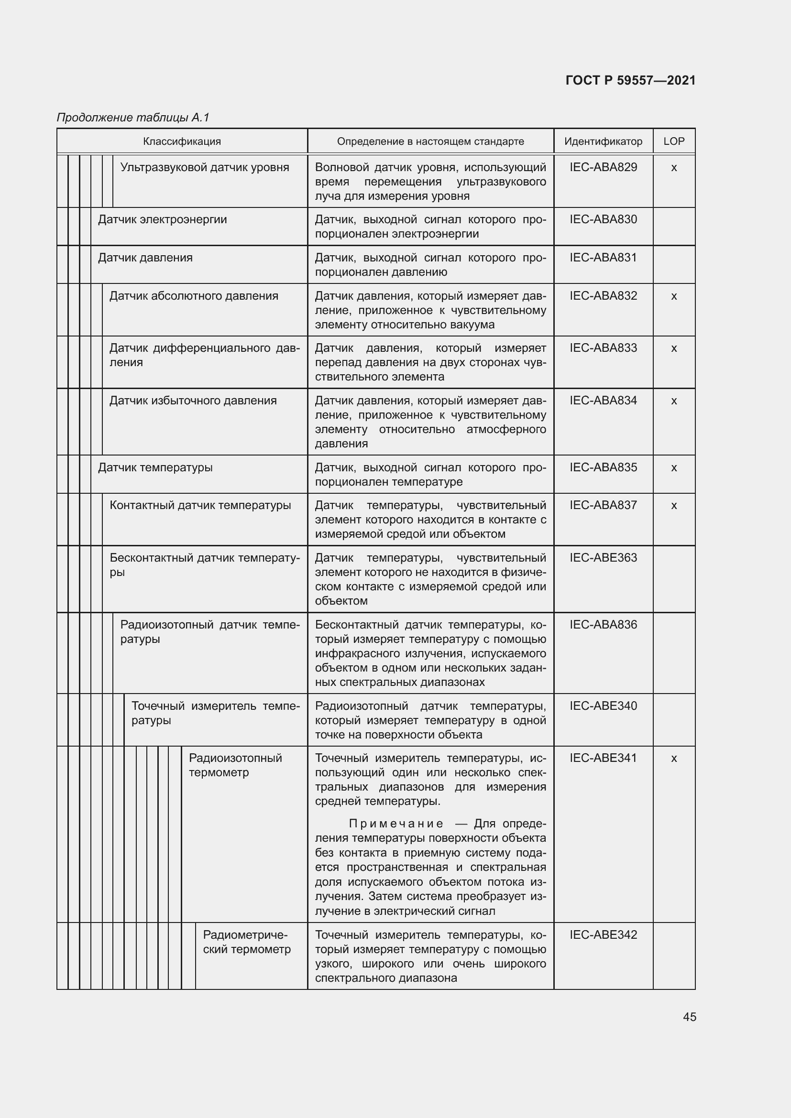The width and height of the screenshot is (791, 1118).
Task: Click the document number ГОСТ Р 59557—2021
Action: pos(630,80)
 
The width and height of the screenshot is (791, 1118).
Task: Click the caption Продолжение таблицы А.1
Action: pos(133,118)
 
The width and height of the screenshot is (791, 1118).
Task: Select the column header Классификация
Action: pos(182,141)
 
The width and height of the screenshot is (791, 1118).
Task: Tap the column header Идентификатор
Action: pos(603,141)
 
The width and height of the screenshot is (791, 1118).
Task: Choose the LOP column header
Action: pos(674,141)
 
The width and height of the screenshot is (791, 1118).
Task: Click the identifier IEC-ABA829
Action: pos(603,167)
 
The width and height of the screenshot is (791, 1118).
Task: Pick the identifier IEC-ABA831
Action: pos(603,258)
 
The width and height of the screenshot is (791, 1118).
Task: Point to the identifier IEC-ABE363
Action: pos(603,557)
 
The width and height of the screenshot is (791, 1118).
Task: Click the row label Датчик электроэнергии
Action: pos(162,219)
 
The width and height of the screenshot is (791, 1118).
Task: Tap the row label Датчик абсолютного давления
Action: pos(194,296)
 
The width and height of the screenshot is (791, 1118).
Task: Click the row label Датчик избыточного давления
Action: pos(193,401)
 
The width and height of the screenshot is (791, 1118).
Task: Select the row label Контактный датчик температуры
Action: pos(200,505)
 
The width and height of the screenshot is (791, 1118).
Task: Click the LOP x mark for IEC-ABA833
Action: pos(674,348)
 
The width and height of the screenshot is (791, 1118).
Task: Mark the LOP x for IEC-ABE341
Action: pos(674,759)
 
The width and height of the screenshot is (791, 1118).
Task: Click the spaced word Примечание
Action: pos(396,824)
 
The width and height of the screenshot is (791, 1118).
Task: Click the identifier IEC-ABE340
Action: pos(603,706)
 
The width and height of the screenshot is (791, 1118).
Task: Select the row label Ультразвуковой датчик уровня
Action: pos(205,167)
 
